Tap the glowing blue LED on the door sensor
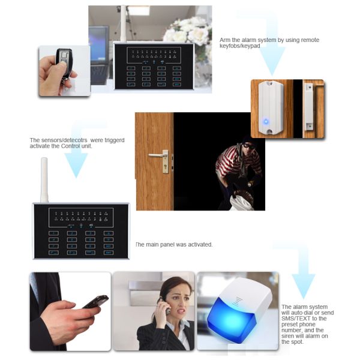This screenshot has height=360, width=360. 266,121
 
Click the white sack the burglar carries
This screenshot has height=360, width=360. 242,202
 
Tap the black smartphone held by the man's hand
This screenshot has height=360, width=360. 96,301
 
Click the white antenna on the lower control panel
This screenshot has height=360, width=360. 44,180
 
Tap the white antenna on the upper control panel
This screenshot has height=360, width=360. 124,24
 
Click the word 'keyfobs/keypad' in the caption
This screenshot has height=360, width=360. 239,46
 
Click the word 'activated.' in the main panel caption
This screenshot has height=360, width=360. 200,245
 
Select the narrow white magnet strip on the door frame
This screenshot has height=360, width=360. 308,107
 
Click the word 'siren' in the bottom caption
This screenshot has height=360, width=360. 288,336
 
